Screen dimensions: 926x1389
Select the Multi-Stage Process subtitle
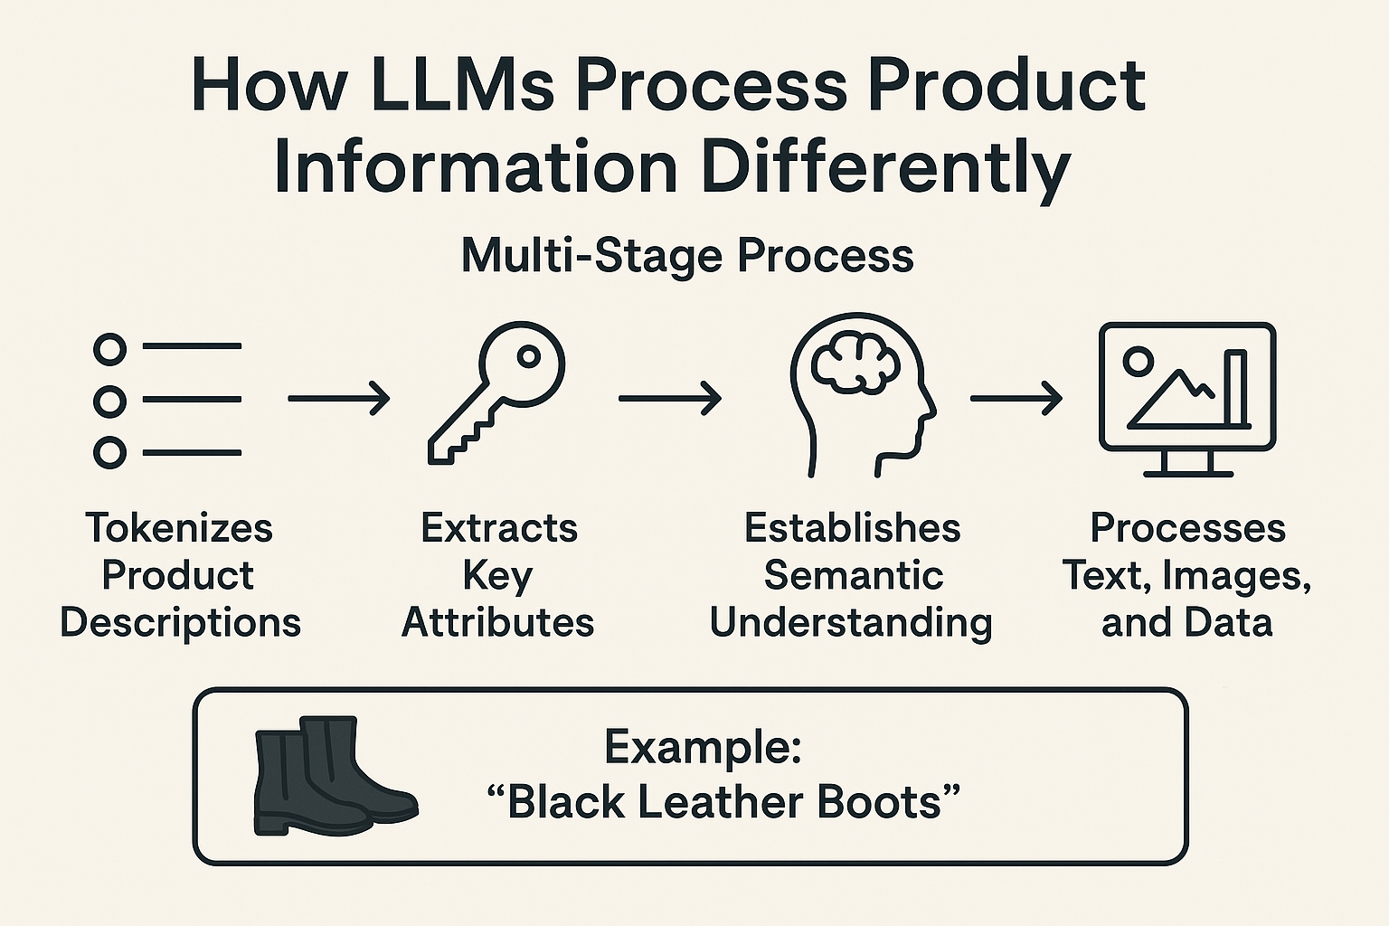click(687, 255)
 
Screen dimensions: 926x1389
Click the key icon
click(496, 394)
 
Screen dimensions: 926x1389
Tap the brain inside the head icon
click(855, 359)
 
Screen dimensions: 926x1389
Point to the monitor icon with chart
click(1186, 398)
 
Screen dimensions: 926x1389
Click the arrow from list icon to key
click(338, 398)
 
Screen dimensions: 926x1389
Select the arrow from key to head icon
click(669, 398)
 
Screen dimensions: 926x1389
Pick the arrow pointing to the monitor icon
click(1016, 398)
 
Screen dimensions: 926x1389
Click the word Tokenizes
click(179, 528)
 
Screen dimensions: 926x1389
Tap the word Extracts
click(499, 528)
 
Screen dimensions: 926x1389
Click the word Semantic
click(853, 575)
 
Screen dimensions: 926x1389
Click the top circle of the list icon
click(109, 348)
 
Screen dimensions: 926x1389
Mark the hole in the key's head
click(529, 356)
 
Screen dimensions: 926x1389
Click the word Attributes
click(498, 622)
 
